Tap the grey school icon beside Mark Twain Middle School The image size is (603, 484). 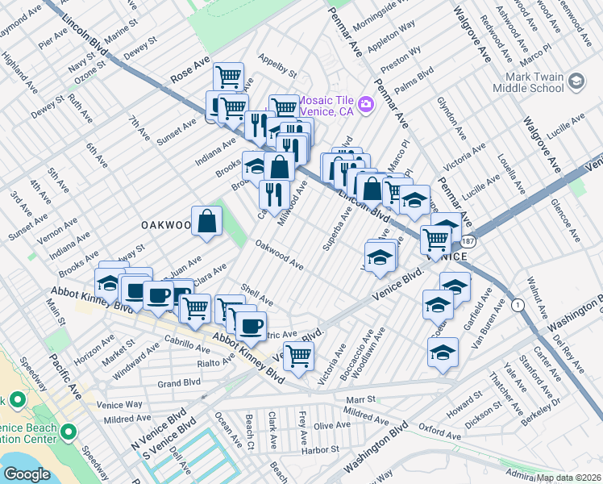click(x=576, y=81)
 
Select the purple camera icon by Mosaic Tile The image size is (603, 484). click(x=366, y=103)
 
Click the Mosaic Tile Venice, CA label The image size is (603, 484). click(x=326, y=103)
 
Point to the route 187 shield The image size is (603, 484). click(x=468, y=241)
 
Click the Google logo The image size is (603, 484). click(x=27, y=474)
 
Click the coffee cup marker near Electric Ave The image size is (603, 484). click(x=251, y=326)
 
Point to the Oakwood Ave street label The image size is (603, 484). click(x=279, y=254)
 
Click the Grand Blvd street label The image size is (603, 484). click(x=178, y=384)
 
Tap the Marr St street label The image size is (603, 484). click(x=360, y=399)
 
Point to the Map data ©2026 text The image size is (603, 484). click(x=569, y=478)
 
